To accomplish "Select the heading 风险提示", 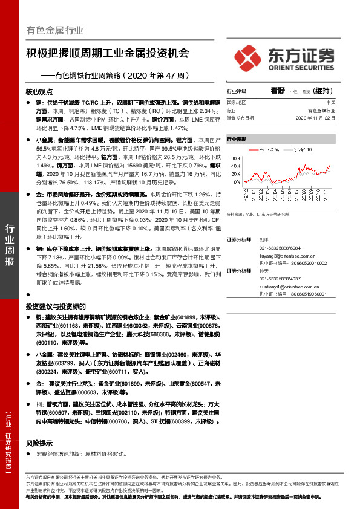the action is (x=38, y=443).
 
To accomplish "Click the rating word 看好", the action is (x=278, y=90).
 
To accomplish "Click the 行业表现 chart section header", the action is (x=237, y=139).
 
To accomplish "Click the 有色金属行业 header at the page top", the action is (x=55, y=30).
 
